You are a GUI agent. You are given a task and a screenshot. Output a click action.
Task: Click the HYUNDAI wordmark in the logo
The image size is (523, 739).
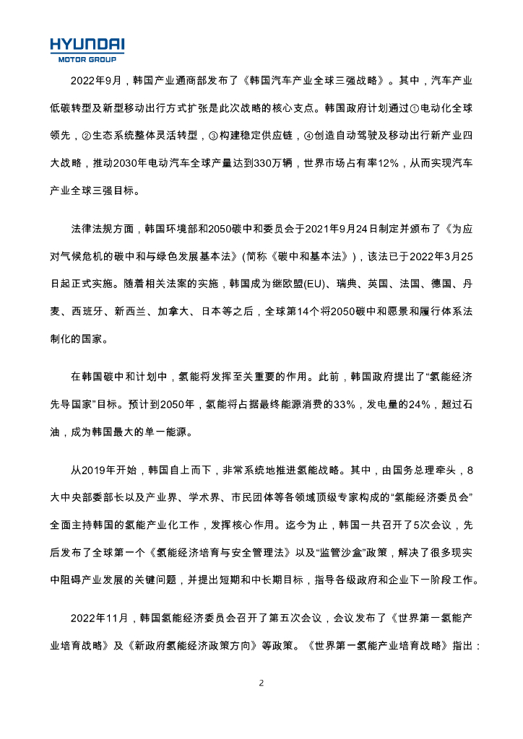(x=87, y=44)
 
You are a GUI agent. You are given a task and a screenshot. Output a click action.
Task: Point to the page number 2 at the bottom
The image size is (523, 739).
(x=261, y=682)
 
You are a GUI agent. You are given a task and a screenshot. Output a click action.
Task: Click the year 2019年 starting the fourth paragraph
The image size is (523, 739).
(x=92, y=471)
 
